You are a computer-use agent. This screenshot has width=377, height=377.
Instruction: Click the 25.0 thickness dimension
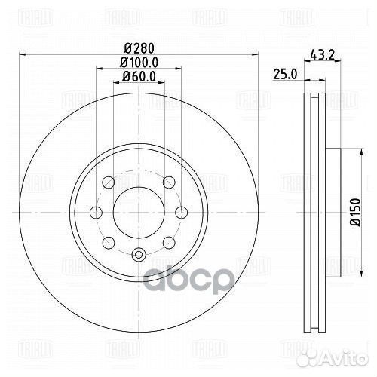283,73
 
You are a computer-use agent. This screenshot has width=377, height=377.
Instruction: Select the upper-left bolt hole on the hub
107,182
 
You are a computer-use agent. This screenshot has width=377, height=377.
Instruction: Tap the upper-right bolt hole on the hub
170,181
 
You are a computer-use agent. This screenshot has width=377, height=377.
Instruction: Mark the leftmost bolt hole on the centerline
96,212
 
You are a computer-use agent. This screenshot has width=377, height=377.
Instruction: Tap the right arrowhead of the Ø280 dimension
254,54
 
